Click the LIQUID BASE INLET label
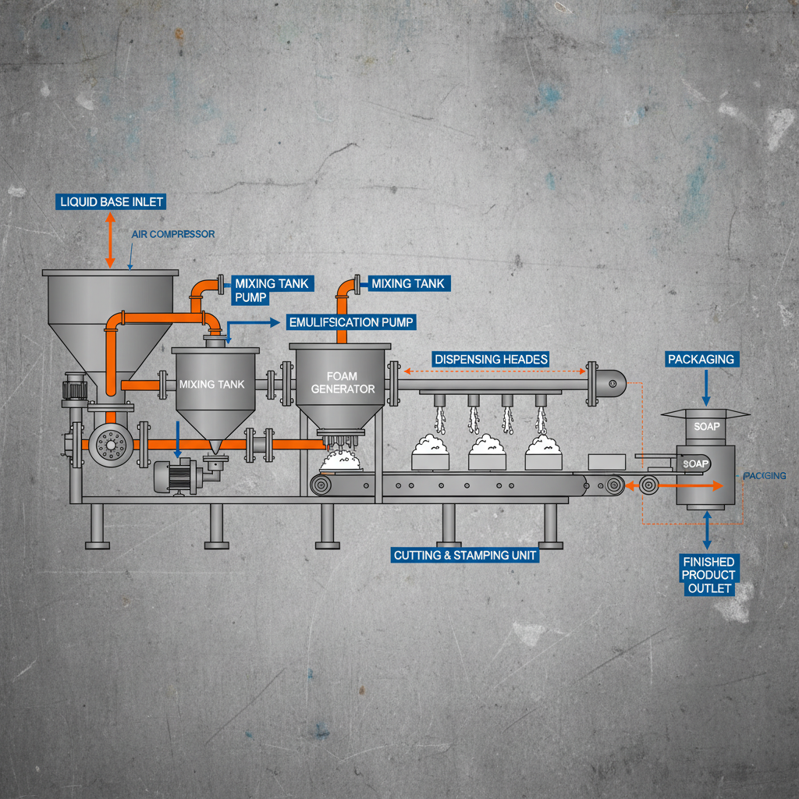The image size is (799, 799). coord(112,201)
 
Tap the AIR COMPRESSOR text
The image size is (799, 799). coord(173,234)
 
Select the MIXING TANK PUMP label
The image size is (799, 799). coord(261,290)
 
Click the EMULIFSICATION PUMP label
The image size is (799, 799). coord(351,321)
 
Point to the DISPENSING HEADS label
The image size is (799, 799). coord(491,359)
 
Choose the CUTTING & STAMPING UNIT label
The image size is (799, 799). coord(466,556)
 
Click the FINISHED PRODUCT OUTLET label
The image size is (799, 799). coord(708,575)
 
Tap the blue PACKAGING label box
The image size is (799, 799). coord(701,359)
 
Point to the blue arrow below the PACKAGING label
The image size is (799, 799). coord(706,388)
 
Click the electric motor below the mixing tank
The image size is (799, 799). coord(177,476)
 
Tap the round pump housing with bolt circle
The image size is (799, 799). coord(109,445)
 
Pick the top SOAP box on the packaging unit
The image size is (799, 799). coord(706,427)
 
